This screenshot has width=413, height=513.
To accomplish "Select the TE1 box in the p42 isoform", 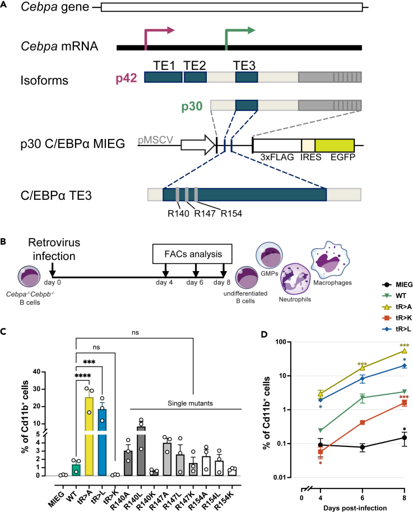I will click(x=163, y=77).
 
